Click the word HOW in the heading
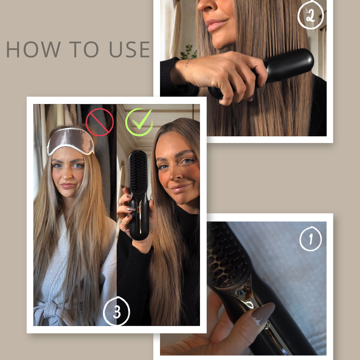point(33,49)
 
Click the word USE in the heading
point(129,49)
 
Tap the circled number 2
point(310,15)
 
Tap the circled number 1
point(311,239)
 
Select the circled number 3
point(117,311)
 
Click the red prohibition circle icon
point(100,122)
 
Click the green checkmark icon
point(139,122)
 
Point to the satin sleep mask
point(71,141)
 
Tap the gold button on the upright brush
point(139,209)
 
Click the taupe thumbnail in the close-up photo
point(263,313)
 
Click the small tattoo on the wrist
point(187,63)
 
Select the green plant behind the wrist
point(189,52)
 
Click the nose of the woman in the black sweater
point(175,175)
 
